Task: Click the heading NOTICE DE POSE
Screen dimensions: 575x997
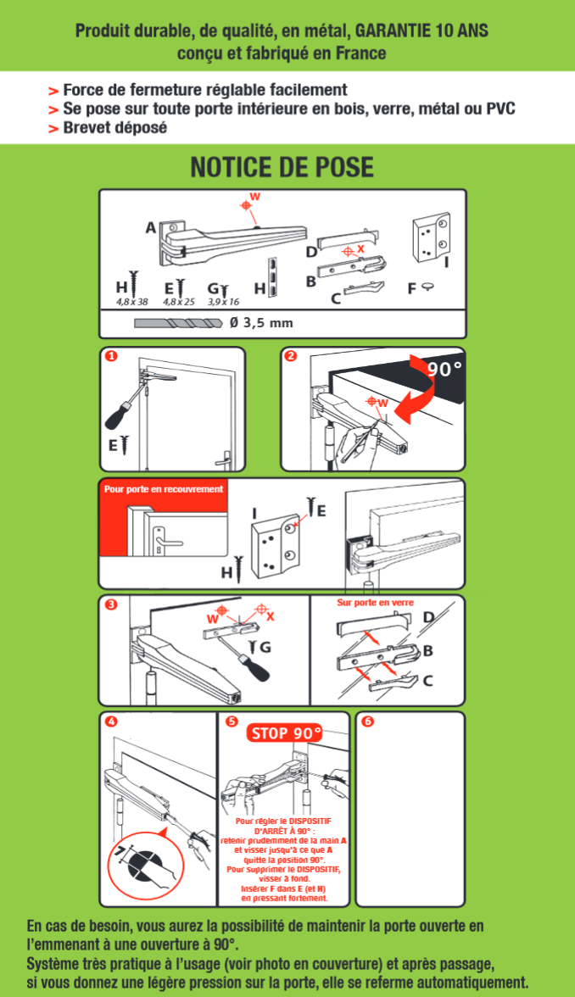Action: tap(282, 167)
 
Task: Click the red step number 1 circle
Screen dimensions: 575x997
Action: tap(111, 356)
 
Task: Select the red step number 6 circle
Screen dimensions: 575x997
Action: tap(367, 721)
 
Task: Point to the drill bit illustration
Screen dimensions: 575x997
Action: tap(179, 323)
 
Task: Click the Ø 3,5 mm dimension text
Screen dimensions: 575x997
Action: tap(261, 322)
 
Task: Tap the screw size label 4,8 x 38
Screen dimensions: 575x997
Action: tap(131, 302)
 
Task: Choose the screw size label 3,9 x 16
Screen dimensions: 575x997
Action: tap(223, 302)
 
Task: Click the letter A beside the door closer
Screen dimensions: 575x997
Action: tap(151, 227)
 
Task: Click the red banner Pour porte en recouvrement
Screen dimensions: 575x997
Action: tap(164, 489)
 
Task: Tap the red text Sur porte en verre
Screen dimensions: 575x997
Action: tap(375, 602)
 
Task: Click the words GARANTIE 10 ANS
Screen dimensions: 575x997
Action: tap(421, 31)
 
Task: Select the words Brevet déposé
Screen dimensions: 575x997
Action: tap(115, 128)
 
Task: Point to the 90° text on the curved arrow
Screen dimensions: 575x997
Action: tap(444, 369)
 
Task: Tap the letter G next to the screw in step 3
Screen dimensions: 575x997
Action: tap(265, 648)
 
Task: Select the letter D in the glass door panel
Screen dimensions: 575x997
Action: tap(429, 617)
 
